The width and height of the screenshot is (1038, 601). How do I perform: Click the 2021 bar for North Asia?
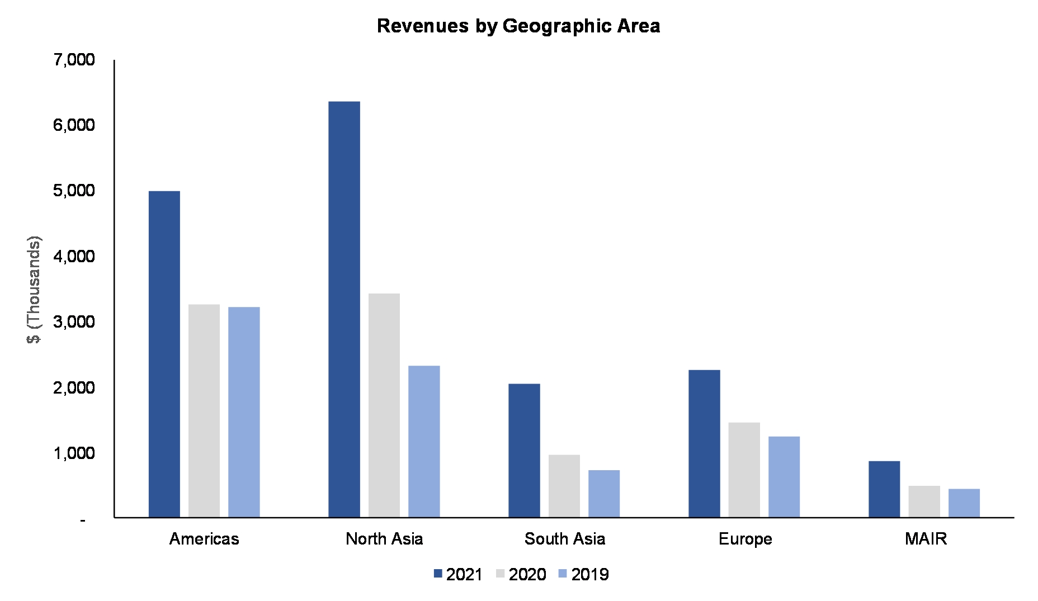click(344, 309)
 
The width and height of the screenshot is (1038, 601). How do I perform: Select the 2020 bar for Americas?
click(204, 411)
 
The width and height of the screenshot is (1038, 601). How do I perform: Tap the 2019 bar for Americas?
click(244, 412)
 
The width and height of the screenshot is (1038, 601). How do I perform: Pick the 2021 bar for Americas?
click(164, 354)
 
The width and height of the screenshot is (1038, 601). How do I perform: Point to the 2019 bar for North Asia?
click(424, 442)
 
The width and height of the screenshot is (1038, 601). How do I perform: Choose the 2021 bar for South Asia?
click(524, 451)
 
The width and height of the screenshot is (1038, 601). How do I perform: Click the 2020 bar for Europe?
click(744, 470)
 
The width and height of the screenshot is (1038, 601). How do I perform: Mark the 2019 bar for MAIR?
click(964, 503)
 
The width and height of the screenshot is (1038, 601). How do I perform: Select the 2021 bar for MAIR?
click(884, 489)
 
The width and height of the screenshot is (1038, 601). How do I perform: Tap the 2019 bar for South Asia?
click(604, 494)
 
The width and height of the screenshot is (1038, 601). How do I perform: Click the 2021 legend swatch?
click(438, 574)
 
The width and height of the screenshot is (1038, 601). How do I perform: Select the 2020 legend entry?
click(521, 574)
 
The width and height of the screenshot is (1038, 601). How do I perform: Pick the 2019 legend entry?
click(584, 574)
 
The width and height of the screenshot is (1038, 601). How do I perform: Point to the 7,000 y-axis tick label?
click(74, 59)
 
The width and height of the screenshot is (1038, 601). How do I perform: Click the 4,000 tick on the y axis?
click(74, 256)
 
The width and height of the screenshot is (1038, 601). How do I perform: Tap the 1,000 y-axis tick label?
click(74, 453)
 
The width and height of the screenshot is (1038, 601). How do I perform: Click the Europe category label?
click(745, 539)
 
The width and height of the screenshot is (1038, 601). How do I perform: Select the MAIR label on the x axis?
click(926, 539)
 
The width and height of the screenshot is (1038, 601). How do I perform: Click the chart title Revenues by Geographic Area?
click(518, 26)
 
